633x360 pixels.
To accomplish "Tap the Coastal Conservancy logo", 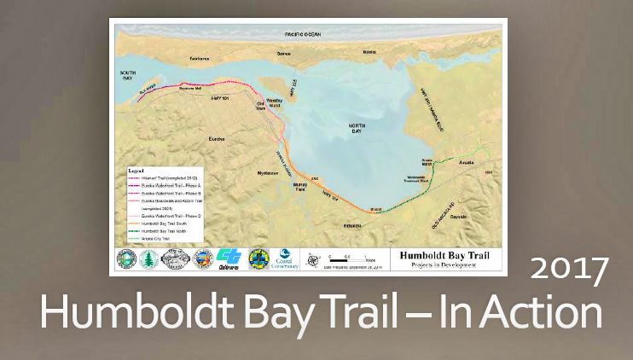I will (285, 258).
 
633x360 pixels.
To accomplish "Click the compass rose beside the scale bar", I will (315, 258).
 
